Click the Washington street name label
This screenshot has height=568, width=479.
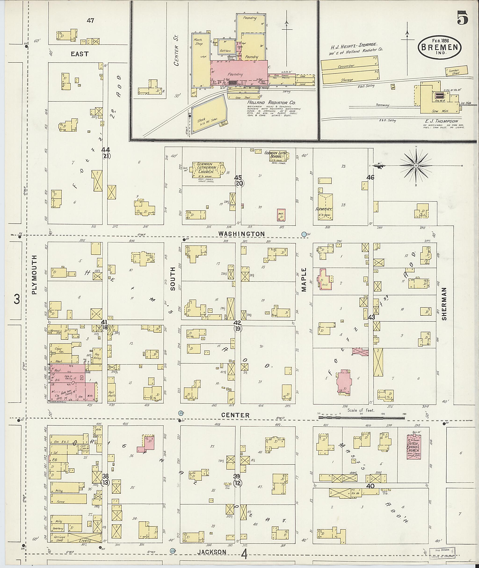click(241, 234)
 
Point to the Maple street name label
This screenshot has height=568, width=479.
click(304, 280)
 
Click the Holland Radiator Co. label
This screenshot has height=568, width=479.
click(271, 103)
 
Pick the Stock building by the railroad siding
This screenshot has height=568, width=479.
click(209, 115)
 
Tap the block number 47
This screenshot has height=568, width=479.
click(91, 20)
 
